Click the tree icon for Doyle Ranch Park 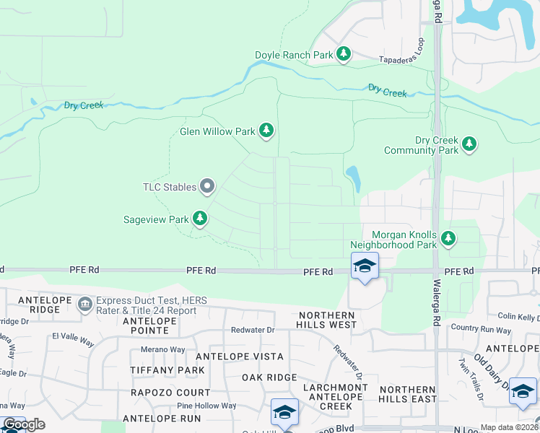[x=344, y=54]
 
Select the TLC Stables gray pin [x=208, y=187]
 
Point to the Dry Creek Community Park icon [x=470, y=144]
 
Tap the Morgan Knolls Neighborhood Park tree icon [x=448, y=237]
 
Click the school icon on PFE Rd [x=365, y=267]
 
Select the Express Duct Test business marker [x=85, y=304]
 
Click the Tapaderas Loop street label [x=403, y=61]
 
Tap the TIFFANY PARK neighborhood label [x=162, y=370]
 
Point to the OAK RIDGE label [x=269, y=377]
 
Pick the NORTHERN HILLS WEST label [x=326, y=320]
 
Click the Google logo [x=24, y=424]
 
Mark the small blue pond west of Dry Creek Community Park [x=352, y=177]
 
